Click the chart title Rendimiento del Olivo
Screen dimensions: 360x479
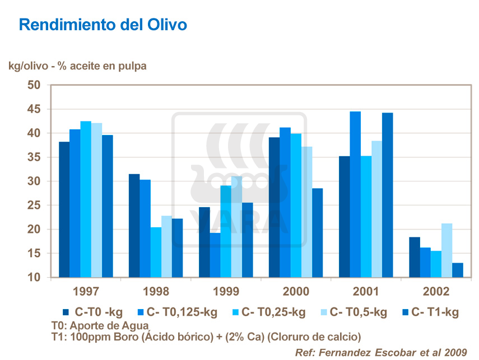[103, 25]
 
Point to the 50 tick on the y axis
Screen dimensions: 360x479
[35, 85]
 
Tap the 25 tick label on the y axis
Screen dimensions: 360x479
[35, 205]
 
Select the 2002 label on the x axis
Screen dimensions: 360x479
[436, 292]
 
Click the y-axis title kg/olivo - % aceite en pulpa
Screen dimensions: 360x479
[77, 66]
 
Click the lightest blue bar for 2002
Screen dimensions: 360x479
[447, 250]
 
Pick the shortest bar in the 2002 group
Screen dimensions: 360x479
[458, 270]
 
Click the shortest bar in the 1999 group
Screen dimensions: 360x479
[215, 255]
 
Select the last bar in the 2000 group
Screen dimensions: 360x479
[318, 232]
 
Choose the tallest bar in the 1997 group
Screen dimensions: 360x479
[85, 199]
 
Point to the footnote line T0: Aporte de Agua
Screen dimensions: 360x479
[100, 325]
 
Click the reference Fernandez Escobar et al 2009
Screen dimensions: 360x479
[382, 352]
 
